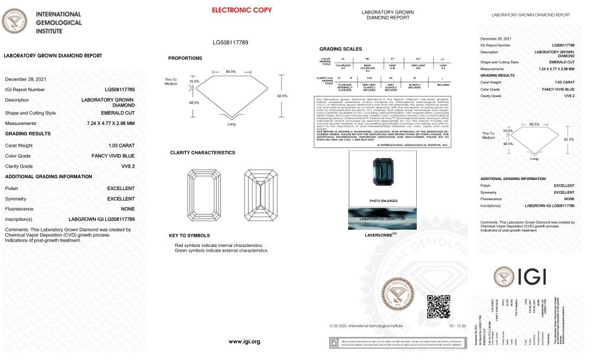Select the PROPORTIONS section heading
[185, 58]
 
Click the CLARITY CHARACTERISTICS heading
[202, 152]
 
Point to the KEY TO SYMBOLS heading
[189, 236]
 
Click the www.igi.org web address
[244, 342]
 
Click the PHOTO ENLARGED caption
[382, 201]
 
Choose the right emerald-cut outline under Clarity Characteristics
[260, 193]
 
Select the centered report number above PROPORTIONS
[230, 43]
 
